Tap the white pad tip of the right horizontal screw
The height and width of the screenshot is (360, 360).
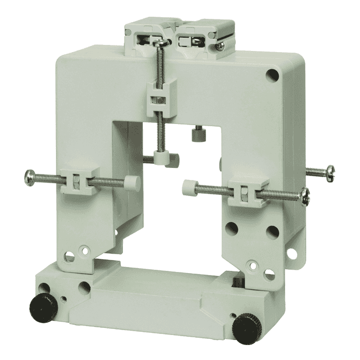[189, 187]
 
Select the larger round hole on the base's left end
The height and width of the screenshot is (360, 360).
[84, 287]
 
